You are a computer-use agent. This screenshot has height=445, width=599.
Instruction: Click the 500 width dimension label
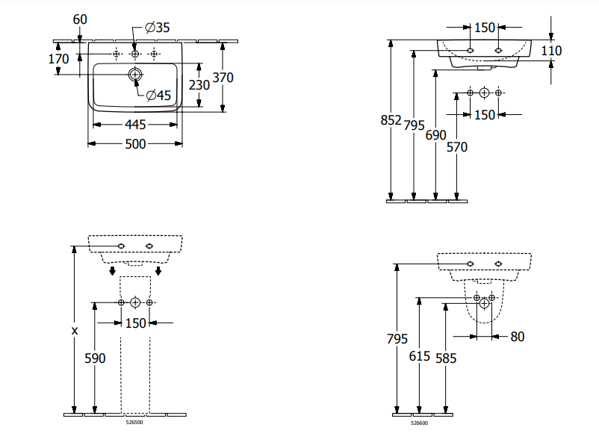(x=135, y=144)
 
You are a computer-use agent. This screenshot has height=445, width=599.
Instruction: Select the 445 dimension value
(x=135, y=124)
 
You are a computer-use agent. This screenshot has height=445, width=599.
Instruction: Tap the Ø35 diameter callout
(x=158, y=28)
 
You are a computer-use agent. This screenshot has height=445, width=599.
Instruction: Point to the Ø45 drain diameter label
(x=158, y=95)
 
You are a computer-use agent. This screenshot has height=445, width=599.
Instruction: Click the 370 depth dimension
(x=223, y=77)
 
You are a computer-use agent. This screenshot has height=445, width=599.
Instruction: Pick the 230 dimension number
(x=199, y=85)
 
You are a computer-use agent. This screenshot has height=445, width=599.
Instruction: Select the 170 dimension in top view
(x=58, y=59)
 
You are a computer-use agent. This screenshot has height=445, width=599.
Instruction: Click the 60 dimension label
(x=81, y=19)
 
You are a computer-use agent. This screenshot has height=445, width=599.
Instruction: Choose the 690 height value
(x=435, y=136)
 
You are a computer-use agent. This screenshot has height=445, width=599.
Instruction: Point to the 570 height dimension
(x=456, y=147)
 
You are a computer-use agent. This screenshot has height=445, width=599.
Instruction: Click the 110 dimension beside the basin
(x=551, y=51)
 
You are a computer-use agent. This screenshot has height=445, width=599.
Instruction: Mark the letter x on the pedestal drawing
(x=74, y=330)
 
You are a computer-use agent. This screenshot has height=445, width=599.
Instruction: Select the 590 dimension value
(x=95, y=358)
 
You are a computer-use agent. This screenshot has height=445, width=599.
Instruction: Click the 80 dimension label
(x=517, y=337)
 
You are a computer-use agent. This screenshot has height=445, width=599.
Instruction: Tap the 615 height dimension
(x=420, y=357)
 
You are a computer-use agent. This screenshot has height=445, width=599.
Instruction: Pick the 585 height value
(x=445, y=358)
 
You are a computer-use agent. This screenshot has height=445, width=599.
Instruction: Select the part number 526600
(x=419, y=423)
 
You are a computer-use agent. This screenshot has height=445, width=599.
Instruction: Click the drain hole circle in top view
(x=135, y=75)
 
